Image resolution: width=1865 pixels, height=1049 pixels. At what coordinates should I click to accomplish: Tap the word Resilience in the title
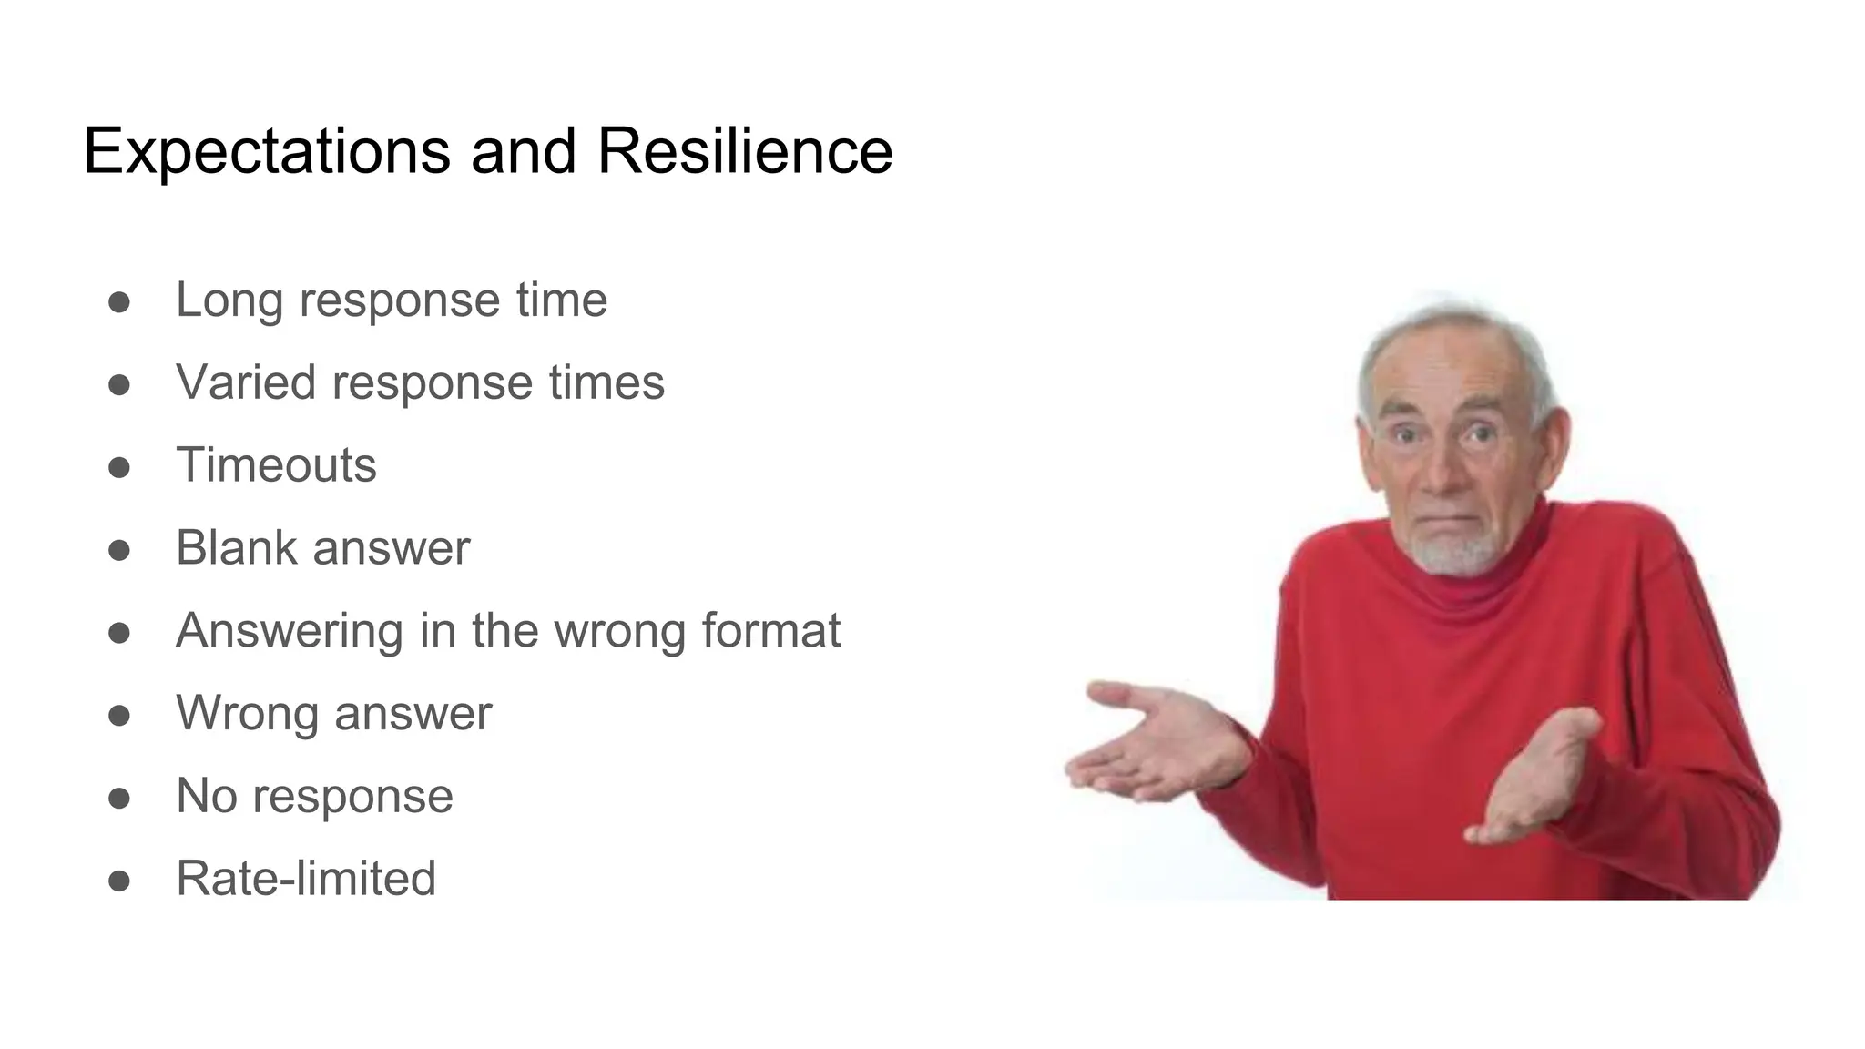tap(744, 151)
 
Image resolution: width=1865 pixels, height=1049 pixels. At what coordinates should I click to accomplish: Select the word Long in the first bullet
tap(229, 300)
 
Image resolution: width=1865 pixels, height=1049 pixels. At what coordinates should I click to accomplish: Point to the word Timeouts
tap(276, 465)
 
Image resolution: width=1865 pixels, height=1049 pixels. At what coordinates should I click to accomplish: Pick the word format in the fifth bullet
tap(770, 631)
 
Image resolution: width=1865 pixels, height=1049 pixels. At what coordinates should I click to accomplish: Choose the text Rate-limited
tap(306, 879)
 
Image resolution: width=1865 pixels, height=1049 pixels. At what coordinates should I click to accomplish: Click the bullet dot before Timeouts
tap(119, 467)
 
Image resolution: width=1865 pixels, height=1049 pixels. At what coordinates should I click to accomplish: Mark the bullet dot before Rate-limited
tap(119, 881)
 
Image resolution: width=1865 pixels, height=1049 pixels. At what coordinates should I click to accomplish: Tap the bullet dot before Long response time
tap(119, 302)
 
